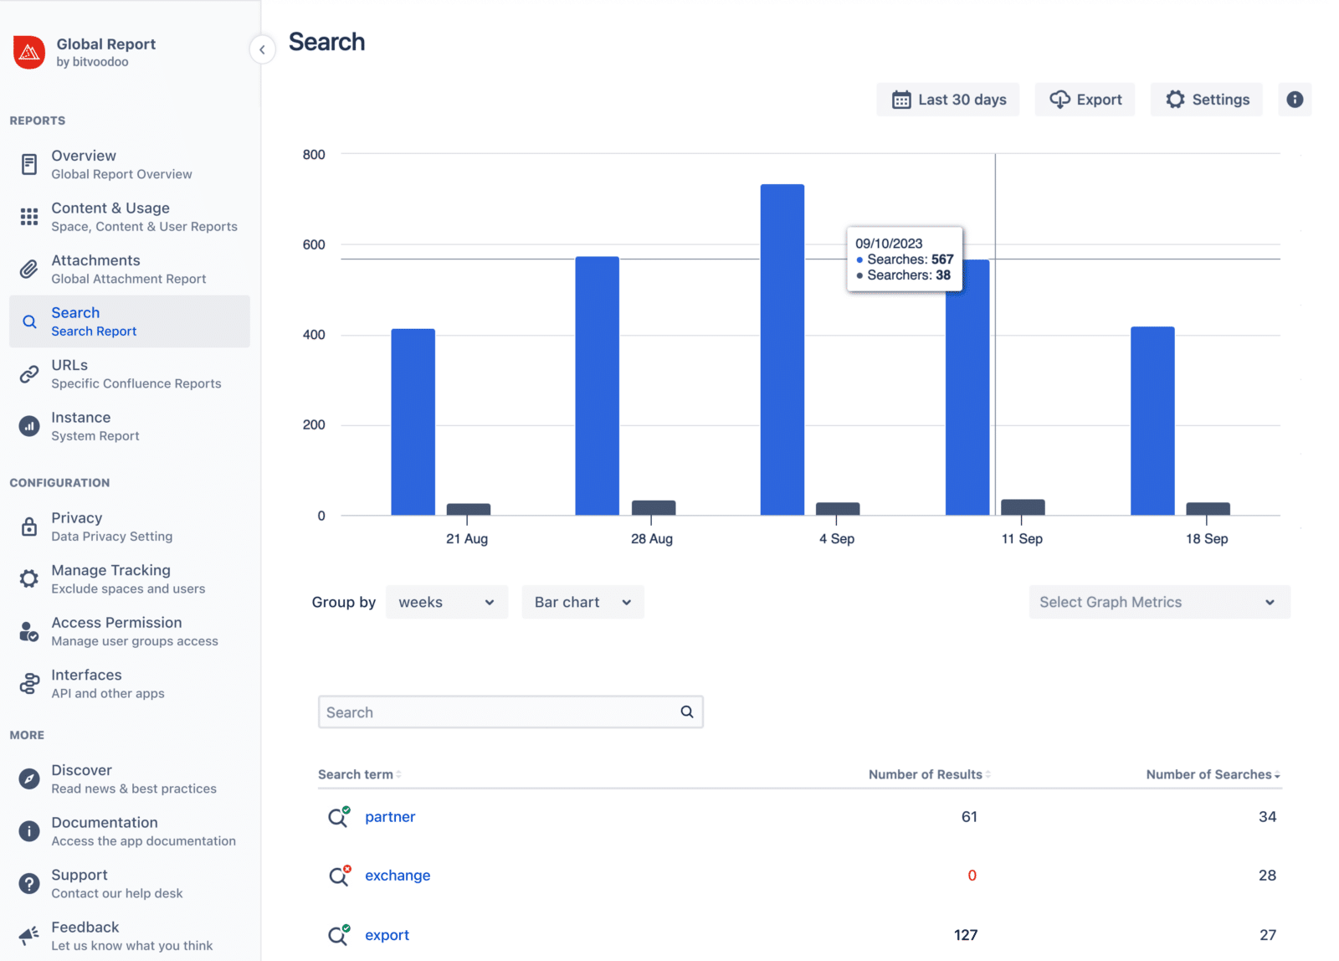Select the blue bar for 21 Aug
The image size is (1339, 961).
(x=413, y=422)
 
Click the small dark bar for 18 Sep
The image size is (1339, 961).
(x=1208, y=508)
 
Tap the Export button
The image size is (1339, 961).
(x=1085, y=100)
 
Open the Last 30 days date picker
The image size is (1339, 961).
(x=948, y=100)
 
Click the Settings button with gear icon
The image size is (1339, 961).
(x=1206, y=100)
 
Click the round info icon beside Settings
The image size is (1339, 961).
(x=1294, y=100)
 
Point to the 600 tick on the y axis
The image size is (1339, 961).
(x=314, y=244)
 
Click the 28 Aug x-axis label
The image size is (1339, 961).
(x=651, y=539)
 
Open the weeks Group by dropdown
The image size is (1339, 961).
(x=446, y=602)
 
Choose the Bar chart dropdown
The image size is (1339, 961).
(x=582, y=602)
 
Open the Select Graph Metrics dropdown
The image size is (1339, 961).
(x=1159, y=602)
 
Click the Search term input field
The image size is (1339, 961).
(x=500, y=712)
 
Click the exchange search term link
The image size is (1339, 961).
(x=398, y=876)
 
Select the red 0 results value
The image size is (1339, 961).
(x=972, y=876)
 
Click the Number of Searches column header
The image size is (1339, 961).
(x=1208, y=774)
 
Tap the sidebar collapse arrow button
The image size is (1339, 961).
(x=262, y=49)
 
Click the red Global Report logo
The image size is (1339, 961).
(x=29, y=52)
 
